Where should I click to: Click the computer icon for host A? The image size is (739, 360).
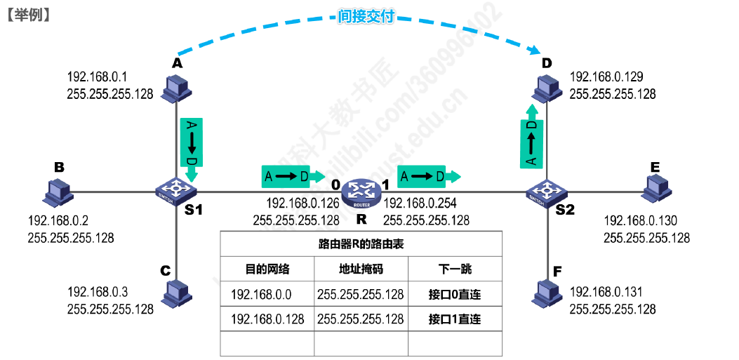click(x=176, y=89)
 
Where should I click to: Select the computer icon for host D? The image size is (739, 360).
click(x=547, y=89)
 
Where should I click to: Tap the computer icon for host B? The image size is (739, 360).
click(x=56, y=193)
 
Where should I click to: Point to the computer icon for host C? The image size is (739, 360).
click(x=176, y=294)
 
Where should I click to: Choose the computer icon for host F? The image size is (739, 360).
click(x=547, y=292)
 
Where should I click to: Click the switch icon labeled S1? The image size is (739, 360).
click(x=176, y=192)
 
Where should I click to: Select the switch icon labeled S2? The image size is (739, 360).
click(x=547, y=192)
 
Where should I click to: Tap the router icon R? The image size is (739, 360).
click(x=361, y=193)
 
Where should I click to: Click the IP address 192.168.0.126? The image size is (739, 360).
click(x=303, y=204)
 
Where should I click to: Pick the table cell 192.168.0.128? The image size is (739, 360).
click(x=267, y=319)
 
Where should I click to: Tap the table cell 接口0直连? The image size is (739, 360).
click(x=454, y=295)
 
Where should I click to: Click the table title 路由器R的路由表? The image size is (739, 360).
click(x=361, y=244)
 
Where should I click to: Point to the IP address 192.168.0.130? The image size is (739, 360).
click(x=641, y=220)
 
